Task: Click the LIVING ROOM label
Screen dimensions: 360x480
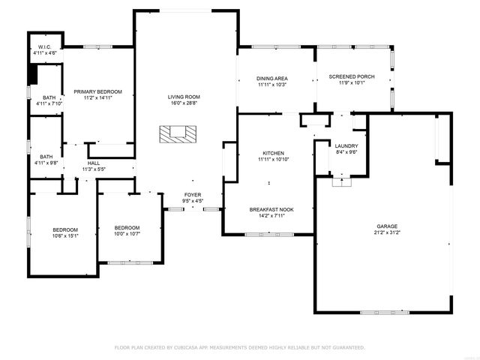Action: point(183,97)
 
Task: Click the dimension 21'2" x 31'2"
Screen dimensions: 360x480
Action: point(387,232)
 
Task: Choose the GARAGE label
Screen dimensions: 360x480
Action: point(387,226)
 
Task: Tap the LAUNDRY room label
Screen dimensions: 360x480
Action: point(346,145)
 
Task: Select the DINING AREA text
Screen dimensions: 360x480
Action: point(272,78)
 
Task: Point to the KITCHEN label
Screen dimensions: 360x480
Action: point(272,152)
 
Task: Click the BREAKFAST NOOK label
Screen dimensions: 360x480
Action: point(271,209)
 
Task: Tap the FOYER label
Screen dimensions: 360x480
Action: point(193,194)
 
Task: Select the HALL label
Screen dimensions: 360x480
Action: point(94,163)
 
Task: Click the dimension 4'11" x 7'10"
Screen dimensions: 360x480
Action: point(49,103)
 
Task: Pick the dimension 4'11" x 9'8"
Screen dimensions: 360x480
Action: point(46,163)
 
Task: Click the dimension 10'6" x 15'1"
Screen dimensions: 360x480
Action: point(64,235)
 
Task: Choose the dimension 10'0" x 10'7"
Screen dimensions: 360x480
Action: point(127,233)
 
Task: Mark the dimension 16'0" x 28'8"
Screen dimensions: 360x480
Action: point(183,103)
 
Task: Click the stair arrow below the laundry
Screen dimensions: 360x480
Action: point(342,179)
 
